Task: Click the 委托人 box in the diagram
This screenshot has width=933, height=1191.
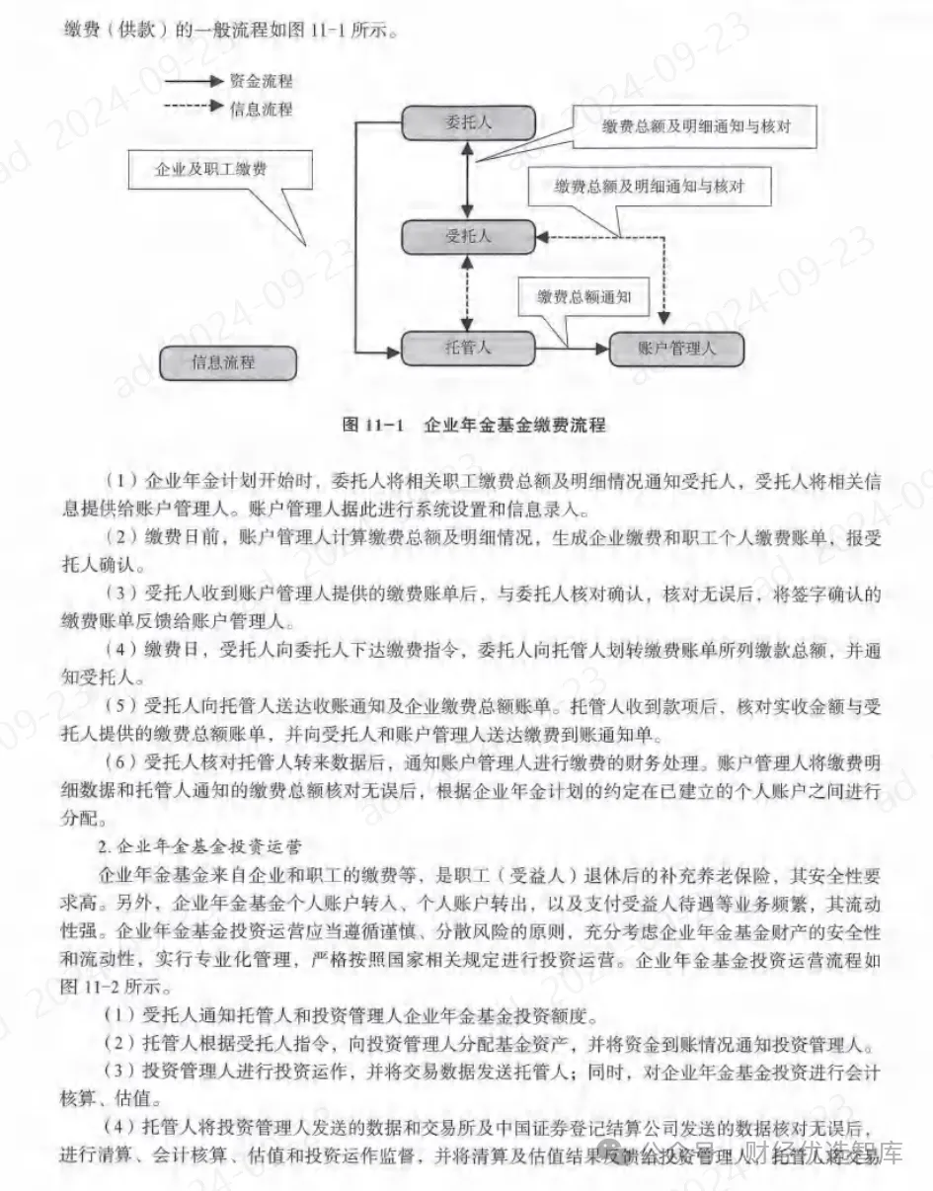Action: [x=468, y=123]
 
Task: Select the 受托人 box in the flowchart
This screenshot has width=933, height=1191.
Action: [x=468, y=236]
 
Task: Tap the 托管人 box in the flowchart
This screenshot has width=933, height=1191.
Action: [x=468, y=348]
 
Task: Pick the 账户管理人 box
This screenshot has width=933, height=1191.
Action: [x=676, y=349]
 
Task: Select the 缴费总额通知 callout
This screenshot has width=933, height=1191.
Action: [x=584, y=296]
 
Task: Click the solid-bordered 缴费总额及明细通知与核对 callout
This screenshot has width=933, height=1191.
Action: [x=697, y=127]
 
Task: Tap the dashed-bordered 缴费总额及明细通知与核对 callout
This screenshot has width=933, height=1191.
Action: [x=649, y=186]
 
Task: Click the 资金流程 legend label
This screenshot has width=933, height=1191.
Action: [x=261, y=82]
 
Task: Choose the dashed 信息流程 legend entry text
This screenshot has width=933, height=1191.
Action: [x=261, y=109]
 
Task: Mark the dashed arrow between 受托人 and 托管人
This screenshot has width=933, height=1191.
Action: [x=468, y=293]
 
